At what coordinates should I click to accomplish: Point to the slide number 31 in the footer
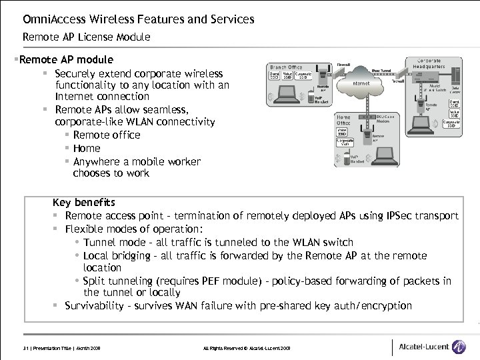point(27,349)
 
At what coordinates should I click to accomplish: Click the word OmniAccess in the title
point(51,19)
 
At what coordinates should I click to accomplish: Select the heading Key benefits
point(84,202)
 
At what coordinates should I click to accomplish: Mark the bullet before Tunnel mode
point(77,243)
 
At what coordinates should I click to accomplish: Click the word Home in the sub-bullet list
point(87,148)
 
